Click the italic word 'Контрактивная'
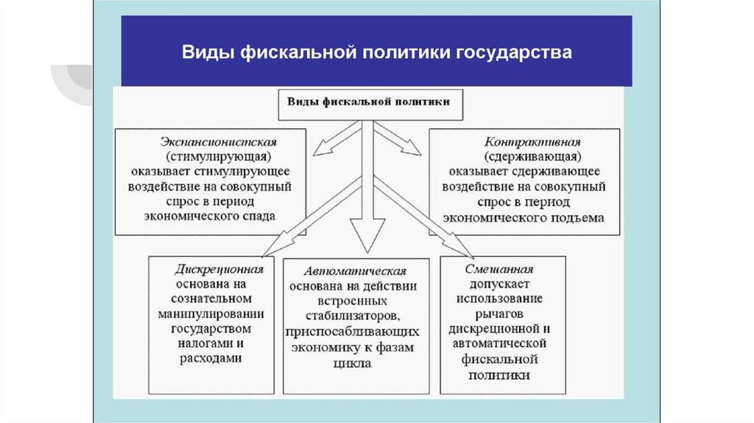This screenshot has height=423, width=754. click(x=522, y=141)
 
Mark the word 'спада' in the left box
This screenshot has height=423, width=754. click(x=258, y=217)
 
